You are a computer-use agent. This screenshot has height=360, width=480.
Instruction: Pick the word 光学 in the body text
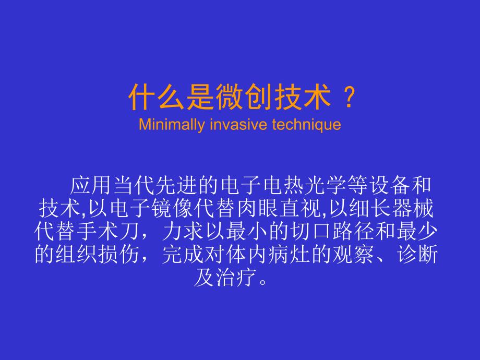click(309, 186)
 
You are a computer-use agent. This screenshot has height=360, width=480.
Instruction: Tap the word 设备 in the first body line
click(376, 186)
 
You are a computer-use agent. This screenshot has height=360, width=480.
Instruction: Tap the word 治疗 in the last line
click(235, 277)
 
